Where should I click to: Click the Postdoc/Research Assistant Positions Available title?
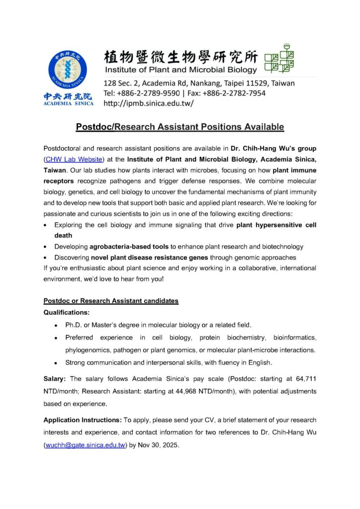point(180,127)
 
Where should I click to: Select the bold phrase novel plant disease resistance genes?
point(150,257)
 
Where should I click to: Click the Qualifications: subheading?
point(67,313)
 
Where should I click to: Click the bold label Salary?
point(56,379)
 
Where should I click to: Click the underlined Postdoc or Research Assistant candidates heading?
point(111,301)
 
